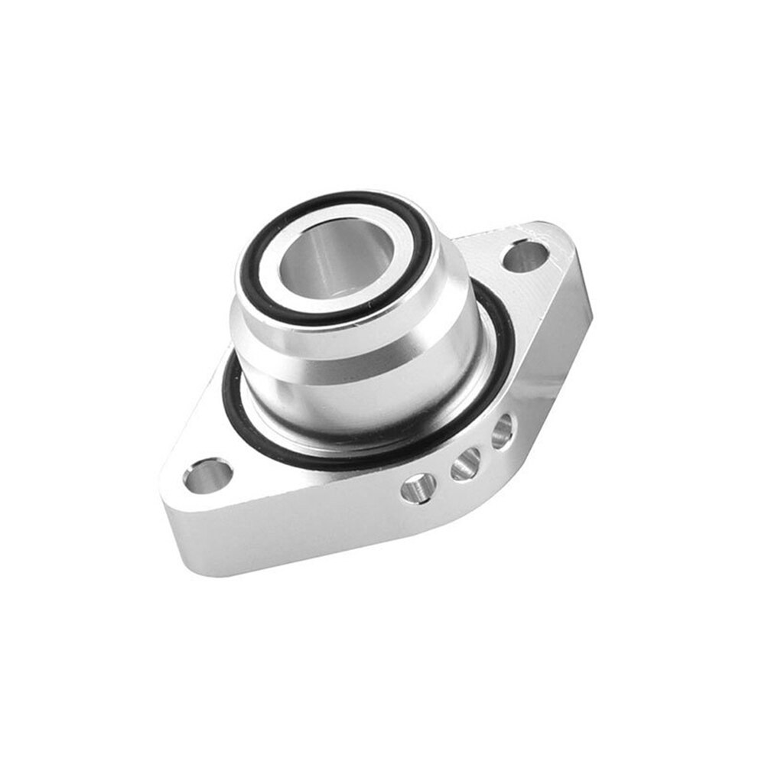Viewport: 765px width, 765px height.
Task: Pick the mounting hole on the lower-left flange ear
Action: pyautogui.click(x=207, y=474)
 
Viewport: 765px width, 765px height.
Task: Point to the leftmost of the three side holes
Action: pyautogui.click(x=418, y=487)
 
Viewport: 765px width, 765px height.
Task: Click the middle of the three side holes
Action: pyautogui.click(x=465, y=464)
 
